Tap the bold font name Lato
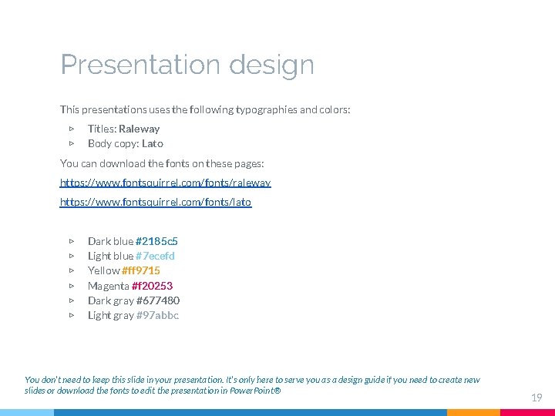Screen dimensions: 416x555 click(153, 143)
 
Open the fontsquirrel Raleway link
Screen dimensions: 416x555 click(165, 183)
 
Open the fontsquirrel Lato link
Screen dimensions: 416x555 click(155, 202)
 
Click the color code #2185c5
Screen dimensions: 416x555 click(156, 241)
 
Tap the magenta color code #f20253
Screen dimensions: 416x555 click(152, 286)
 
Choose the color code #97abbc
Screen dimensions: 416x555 click(157, 315)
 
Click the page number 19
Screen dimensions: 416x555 click(536, 398)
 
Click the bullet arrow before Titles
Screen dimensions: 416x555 click(71, 129)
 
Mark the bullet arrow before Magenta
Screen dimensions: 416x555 click(71, 286)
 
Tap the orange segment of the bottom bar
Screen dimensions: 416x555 click(473, 412)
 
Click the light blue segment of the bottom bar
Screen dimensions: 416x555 click(26, 412)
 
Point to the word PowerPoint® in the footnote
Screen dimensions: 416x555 click(257, 391)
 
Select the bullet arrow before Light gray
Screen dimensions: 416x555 click(71, 315)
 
